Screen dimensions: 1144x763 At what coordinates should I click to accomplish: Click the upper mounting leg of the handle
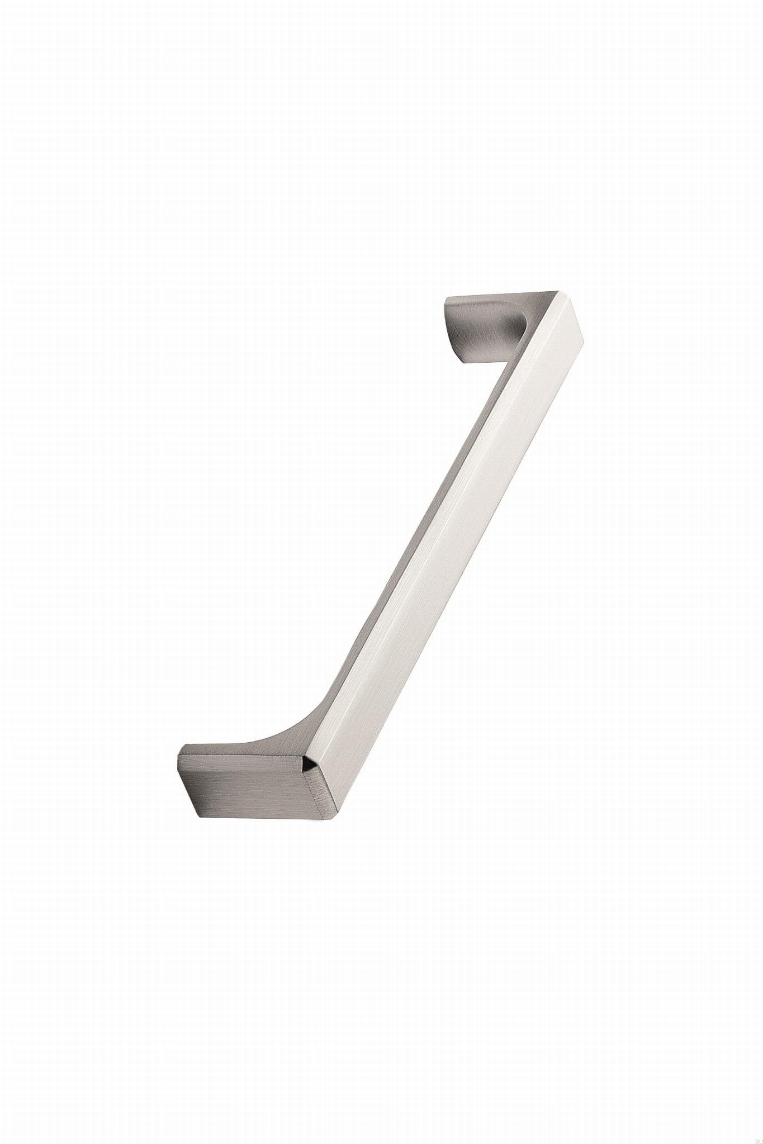point(481,330)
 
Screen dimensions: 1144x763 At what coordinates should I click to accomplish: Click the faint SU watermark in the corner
point(754,1138)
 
